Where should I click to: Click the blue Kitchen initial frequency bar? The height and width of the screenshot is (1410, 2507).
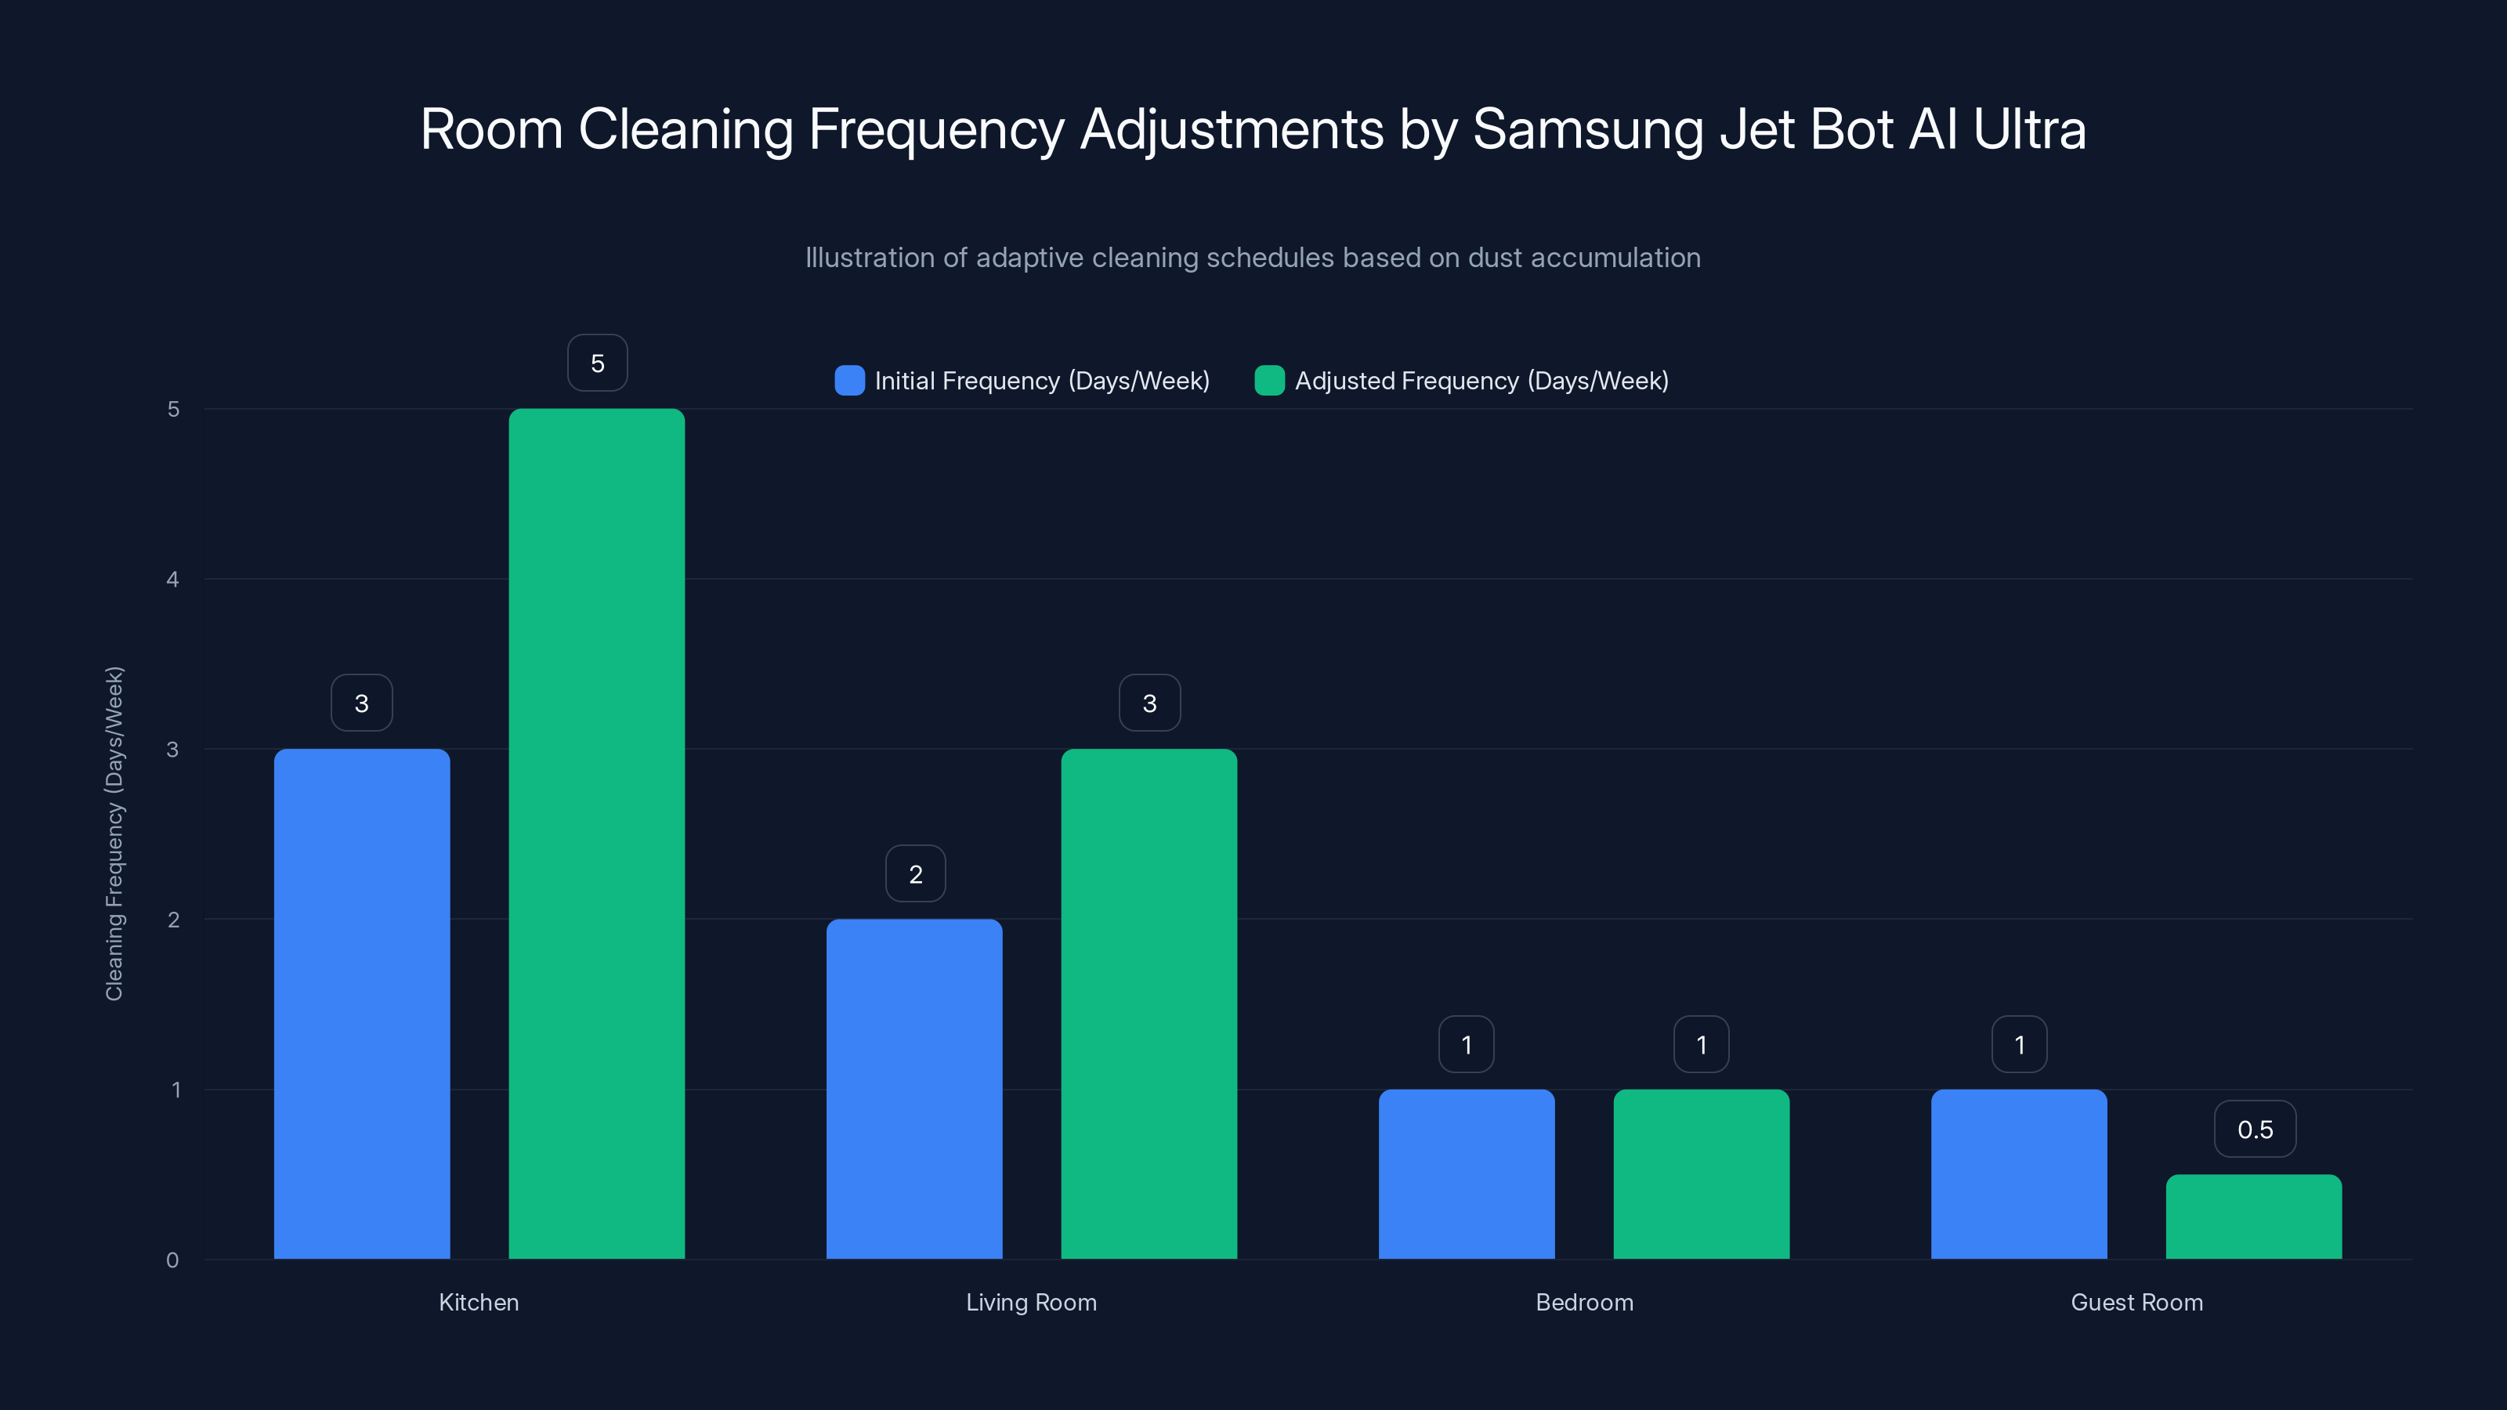(x=361, y=1003)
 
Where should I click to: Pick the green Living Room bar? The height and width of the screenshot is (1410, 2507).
(x=1149, y=1003)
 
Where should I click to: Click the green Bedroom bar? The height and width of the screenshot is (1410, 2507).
(x=1701, y=1173)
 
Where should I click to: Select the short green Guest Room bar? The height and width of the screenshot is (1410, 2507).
(x=2253, y=1217)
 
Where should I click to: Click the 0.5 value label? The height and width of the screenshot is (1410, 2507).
(x=2255, y=1129)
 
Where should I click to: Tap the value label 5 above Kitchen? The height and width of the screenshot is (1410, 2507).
(x=598, y=363)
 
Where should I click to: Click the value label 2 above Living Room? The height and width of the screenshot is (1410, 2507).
(x=915, y=874)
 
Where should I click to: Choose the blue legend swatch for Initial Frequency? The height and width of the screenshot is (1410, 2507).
(x=849, y=381)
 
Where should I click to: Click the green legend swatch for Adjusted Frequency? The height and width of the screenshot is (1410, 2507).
(x=1269, y=381)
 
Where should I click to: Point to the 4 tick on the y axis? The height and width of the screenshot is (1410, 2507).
(x=172, y=580)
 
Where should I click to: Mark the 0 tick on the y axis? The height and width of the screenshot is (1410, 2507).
(x=172, y=1260)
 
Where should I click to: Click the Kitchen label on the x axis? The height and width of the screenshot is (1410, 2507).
(x=478, y=1302)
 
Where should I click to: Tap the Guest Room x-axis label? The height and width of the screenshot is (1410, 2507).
(x=2136, y=1302)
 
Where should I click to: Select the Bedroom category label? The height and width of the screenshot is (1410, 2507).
(x=1583, y=1302)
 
